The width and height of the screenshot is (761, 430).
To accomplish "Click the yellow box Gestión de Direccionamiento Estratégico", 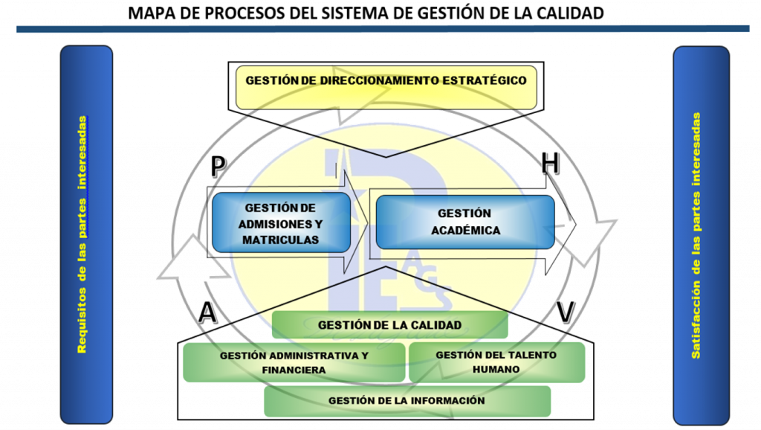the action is point(386,88).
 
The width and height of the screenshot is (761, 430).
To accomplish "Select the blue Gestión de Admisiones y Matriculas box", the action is point(281,222).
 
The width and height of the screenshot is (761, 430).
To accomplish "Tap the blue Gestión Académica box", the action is point(465,222).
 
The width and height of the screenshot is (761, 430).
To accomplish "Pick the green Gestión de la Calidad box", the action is point(389,324).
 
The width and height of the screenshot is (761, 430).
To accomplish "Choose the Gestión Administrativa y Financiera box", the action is point(294,362).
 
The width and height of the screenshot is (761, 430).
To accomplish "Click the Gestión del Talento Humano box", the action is point(496,362).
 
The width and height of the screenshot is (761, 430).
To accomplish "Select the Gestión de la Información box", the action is point(407,401).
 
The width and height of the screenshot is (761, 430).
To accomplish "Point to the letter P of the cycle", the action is point(218,166).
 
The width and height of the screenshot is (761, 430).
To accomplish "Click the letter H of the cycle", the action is point(551,163).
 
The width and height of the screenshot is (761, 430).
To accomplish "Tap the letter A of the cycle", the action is point(208,312).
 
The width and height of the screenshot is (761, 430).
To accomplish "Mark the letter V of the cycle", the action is point(566,312).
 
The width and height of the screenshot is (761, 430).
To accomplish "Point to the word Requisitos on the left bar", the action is point(82,320).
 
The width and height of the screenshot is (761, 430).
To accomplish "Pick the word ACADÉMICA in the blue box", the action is point(466,231).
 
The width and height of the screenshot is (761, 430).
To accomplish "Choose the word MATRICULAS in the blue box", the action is point(280,240).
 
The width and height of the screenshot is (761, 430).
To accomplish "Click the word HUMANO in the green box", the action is point(496,369).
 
